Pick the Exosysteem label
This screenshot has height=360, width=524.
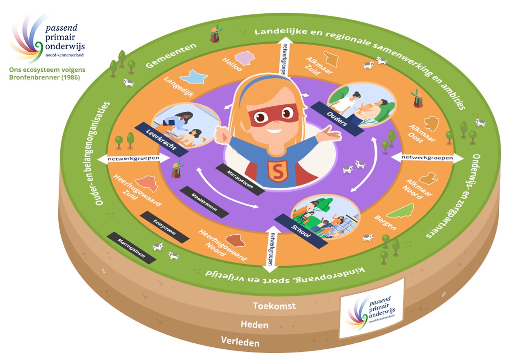tap(164, 227)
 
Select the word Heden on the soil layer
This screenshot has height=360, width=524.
tap(254, 325)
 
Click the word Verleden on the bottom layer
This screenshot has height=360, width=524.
tap(240, 341)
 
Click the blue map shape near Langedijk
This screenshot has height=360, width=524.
tap(194, 76)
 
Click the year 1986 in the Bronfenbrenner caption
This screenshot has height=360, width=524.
tap(70, 77)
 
